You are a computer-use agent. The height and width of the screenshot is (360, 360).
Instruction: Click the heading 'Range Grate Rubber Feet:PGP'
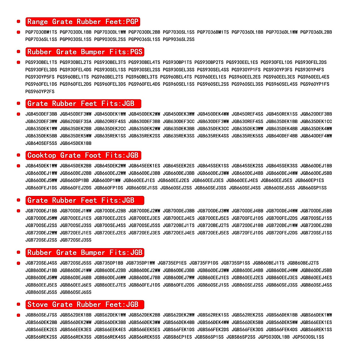(83, 22)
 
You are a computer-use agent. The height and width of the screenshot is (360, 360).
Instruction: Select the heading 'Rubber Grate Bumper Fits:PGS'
(85, 52)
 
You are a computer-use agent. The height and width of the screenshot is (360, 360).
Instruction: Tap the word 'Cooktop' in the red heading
(42, 155)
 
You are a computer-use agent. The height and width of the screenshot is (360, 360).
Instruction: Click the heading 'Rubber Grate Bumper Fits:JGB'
(85, 253)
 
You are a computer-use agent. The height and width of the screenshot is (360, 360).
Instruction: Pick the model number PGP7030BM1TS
(41, 32)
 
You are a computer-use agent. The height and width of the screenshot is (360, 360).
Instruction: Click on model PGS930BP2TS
(209, 62)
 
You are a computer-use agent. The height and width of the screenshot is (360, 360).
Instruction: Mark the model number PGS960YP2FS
(40, 91)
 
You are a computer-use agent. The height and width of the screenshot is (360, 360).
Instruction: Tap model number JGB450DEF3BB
(41, 114)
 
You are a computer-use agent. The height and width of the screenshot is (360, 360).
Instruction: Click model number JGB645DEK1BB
(76, 143)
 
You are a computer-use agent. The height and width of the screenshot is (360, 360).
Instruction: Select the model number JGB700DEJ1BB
(41, 211)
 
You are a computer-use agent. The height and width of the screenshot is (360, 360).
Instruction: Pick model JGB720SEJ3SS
(76, 240)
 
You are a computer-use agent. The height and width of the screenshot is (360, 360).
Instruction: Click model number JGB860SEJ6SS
(76, 292)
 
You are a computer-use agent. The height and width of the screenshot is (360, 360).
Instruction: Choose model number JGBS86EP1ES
(177, 337)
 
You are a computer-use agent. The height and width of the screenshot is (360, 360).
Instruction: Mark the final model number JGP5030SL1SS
(308, 337)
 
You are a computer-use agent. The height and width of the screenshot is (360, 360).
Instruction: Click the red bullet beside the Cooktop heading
(19, 155)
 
